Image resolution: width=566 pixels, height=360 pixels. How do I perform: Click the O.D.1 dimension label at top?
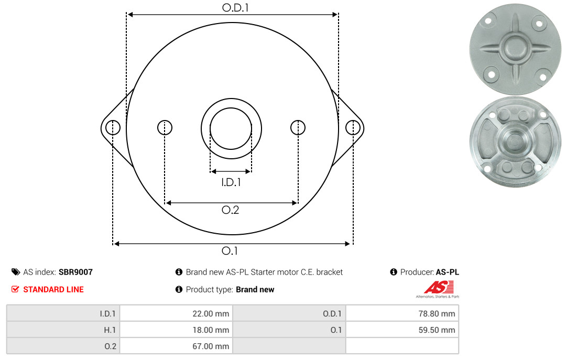coord(232,8)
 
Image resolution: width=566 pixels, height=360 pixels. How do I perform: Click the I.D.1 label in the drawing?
coord(231,182)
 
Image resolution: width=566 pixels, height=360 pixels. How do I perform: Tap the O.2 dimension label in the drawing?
coord(231,210)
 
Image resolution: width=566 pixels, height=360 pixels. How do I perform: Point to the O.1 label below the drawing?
coord(230,251)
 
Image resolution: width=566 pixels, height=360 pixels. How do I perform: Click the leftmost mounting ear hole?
coord(113,127)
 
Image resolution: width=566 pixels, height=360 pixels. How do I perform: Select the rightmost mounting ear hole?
coord(353,127)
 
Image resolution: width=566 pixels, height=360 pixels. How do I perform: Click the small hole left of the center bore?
coord(165,127)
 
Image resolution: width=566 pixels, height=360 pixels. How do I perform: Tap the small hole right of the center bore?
coord(298,127)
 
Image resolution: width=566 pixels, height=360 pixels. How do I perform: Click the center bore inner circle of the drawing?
coord(231,127)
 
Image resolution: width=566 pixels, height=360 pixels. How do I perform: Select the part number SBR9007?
coord(75,272)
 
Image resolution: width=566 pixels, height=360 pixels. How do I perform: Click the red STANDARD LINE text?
coord(53,289)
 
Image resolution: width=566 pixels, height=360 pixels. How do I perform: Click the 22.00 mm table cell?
coord(176,314)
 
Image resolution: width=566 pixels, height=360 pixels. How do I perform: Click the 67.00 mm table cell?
coord(176,346)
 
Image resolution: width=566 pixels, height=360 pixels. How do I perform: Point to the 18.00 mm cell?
coord(176,330)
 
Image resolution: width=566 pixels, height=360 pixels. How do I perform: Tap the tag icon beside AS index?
coord(15,272)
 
